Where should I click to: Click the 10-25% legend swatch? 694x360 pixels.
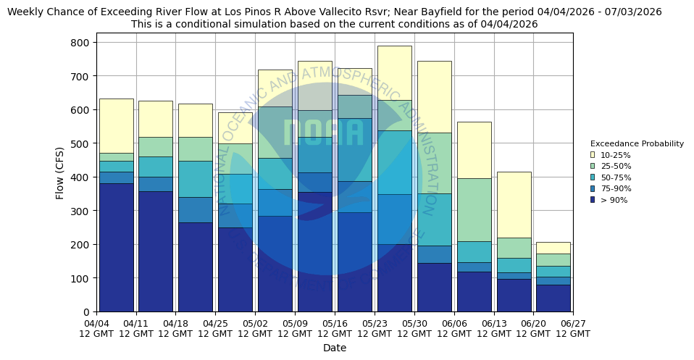pyautogui.click(x=593, y=155)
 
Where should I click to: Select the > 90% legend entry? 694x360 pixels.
pyautogui.click(x=610, y=200)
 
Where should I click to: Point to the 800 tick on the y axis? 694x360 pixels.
pyautogui.click(x=80, y=43)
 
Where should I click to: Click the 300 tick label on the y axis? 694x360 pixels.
pyautogui.click(x=80, y=211)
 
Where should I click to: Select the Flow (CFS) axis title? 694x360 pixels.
pyautogui.click(x=60, y=172)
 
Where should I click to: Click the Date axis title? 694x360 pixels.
pyautogui.click(x=335, y=348)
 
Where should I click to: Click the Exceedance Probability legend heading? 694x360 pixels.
pyautogui.click(x=637, y=143)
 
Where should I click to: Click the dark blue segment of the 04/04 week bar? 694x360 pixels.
pyautogui.click(x=116, y=246)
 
